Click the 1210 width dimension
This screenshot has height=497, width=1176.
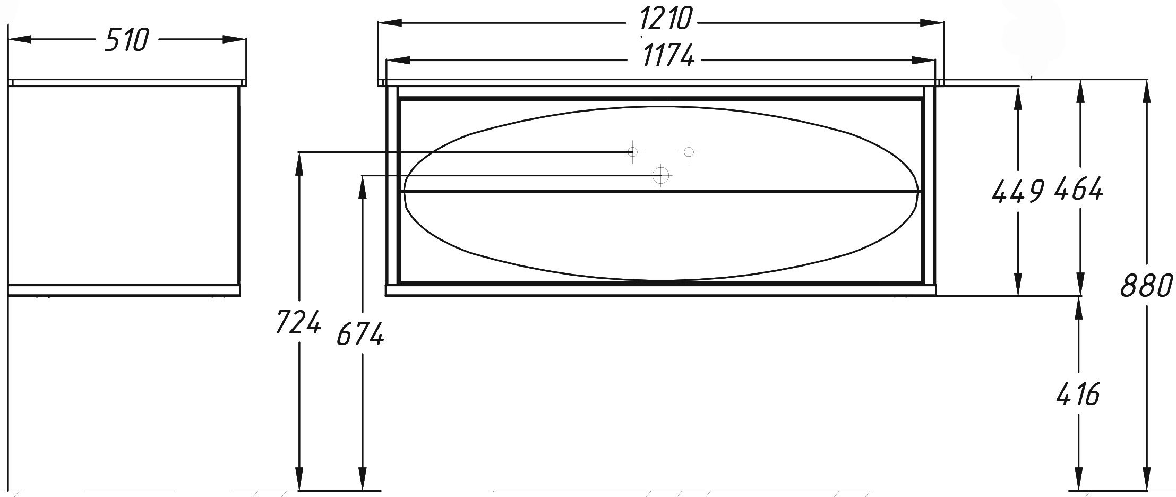tap(666, 20)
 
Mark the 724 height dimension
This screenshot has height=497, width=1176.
tap(298, 322)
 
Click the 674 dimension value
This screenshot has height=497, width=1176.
tap(361, 335)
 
